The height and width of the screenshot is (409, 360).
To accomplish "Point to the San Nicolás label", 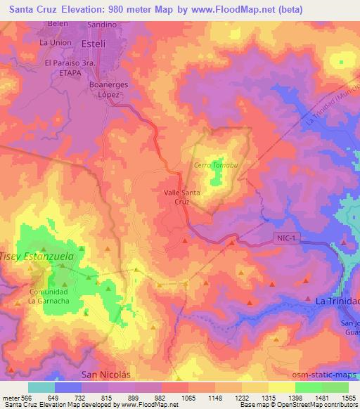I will [x=106, y=374].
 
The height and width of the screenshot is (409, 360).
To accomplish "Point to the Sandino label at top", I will [x=102, y=23].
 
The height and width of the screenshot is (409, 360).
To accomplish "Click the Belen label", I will [x=58, y=23].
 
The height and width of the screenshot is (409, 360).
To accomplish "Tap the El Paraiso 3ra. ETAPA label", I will [x=70, y=67].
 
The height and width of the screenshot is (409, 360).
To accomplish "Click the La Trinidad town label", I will [x=337, y=301].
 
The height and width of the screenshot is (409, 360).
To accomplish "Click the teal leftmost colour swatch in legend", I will [x=41, y=387].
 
